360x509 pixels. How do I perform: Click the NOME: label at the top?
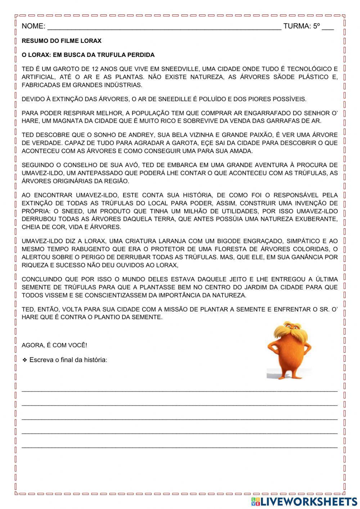pyautogui.click(x=33, y=26)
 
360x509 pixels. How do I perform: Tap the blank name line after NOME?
pyautogui.click(x=164, y=27)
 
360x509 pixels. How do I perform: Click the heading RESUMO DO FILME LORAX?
pyautogui.click(x=62, y=41)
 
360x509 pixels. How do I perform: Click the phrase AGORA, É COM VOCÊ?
pyautogui.click(x=54, y=345)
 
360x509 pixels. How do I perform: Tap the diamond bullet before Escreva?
pyautogui.click(x=25, y=360)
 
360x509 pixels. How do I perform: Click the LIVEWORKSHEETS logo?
pyautogui.click(x=304, y=501)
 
